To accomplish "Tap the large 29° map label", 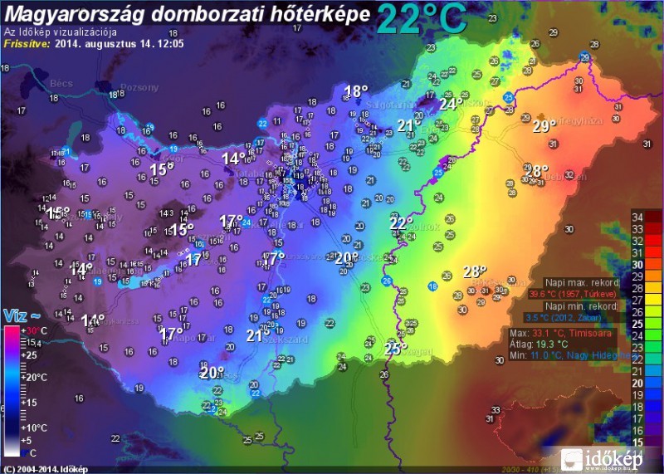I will coord(544,127).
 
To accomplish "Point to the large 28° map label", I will coord(474,271).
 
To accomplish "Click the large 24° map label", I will coord(452,105).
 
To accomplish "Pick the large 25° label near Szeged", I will coord(395,349).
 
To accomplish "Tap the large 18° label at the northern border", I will coord(355,92).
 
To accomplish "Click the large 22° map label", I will coord(401,223).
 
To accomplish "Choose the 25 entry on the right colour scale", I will coord(639,324).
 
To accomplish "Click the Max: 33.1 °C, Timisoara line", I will coord(562,332).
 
